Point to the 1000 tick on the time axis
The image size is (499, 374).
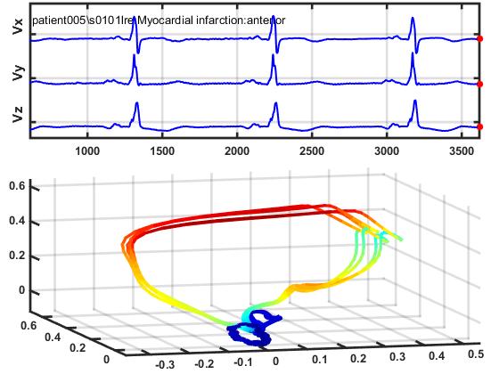[87, 151]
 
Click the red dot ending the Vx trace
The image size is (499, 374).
[480, 39]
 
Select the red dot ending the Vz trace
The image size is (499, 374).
[480, 127]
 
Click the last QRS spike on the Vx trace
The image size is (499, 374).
[413, 24]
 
